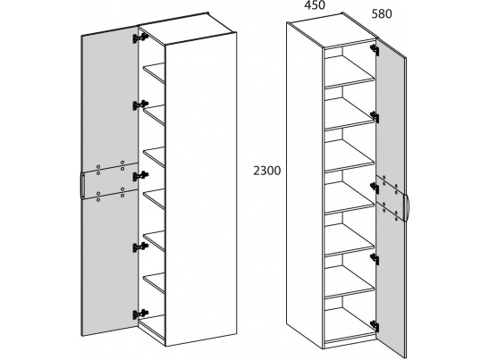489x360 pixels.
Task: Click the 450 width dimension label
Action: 315,5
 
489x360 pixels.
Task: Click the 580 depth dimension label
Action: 382,14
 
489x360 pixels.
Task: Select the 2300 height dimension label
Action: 266,171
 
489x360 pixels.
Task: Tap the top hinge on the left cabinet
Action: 140,38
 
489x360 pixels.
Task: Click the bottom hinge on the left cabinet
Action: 140,314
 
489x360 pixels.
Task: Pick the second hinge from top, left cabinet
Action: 140,105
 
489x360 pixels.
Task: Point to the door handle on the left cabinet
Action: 82,185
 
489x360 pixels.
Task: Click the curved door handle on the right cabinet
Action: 407,207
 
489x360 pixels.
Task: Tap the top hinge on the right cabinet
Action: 375,50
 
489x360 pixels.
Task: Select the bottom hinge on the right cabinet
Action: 375,326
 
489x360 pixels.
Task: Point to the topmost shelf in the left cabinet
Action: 154,73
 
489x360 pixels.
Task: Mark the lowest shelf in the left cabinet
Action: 154,283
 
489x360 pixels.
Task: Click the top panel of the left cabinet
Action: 187,29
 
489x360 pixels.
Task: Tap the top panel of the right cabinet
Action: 331,30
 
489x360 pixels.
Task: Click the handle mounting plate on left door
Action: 110,180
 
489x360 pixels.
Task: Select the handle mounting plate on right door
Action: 391,198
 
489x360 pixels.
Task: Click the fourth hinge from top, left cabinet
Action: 140,247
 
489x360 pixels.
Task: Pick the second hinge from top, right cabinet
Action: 375,117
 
